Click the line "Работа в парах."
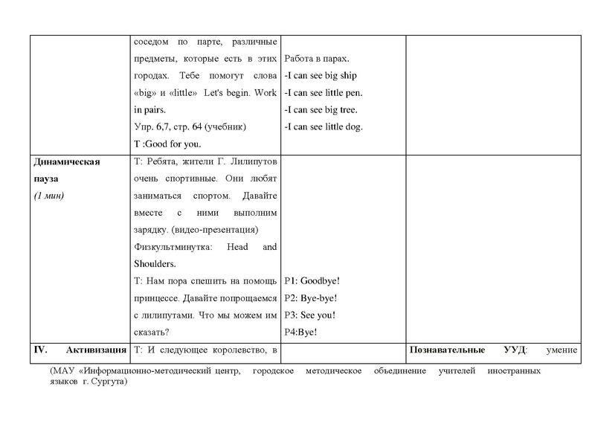click(318, 58)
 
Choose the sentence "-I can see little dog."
click(324, 126)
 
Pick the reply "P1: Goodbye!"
click(312, 280)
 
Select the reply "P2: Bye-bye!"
click(312, 298)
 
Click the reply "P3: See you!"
click(310, 315)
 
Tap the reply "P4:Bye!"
click(301, 332)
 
